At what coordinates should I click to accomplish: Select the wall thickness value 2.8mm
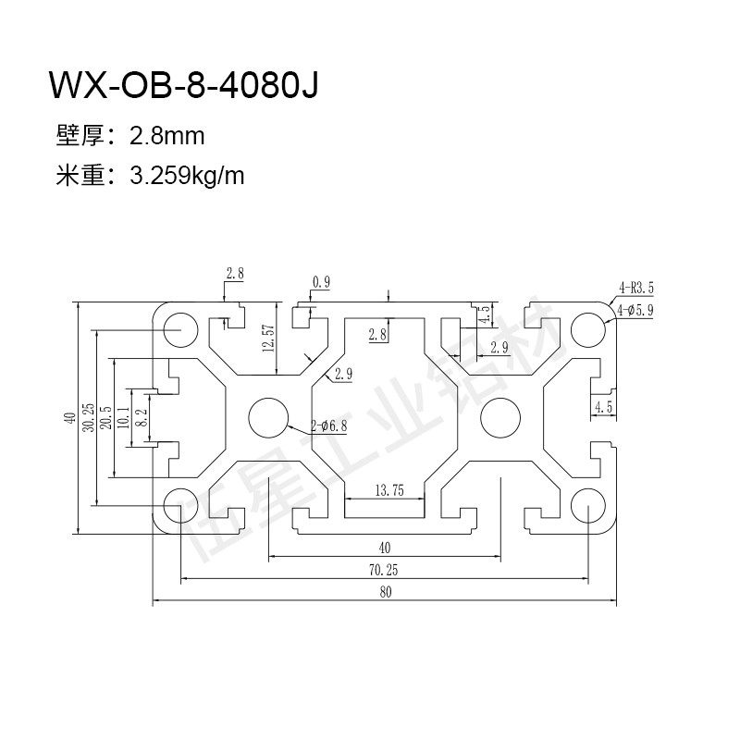[166, 137]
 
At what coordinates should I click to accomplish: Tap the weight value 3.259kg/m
[188, 176]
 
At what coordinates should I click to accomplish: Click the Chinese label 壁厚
[80, 137]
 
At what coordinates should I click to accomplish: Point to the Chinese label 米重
[80, 176]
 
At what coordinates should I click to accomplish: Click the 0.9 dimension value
[322, 282]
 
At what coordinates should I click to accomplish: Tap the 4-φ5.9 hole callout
[636, 311]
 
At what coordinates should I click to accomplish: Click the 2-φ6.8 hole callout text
[330, 426]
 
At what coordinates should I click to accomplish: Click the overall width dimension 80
[385, 592]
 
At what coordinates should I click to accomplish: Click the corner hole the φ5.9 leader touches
[587, 327]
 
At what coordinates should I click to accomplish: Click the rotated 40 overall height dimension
[70, 418]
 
